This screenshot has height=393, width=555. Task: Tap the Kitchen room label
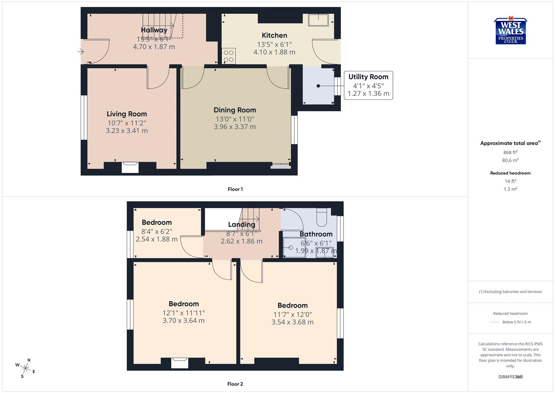click(274, 35)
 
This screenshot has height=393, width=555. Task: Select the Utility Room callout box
click(368, 85)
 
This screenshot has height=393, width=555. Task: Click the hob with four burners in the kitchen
click(229, 56)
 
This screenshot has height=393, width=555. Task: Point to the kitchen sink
click(318, 20)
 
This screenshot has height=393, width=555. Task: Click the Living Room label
click(126, 114)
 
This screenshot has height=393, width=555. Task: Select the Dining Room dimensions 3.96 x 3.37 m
click(235, 127)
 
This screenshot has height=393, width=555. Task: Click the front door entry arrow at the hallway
click(81, 52)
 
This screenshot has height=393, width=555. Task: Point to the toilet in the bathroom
click(322, 217)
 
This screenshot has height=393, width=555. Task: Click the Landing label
click(241, 225)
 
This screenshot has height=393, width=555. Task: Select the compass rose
click(25, 368)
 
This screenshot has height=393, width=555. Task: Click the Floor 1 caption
click(235, 189)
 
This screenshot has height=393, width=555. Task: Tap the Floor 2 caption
click(235, 384)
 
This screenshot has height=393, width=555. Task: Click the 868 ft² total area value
click(510, 152)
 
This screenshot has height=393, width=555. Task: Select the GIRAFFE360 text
click(510, 377)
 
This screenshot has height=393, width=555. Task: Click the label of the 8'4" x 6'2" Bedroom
click(157, 222)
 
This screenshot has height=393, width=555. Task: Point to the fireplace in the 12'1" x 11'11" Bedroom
click(180, 363)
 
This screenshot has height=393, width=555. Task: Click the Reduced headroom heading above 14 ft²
click(510, 173)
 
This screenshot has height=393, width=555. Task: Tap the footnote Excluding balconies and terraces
click(510, 291)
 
